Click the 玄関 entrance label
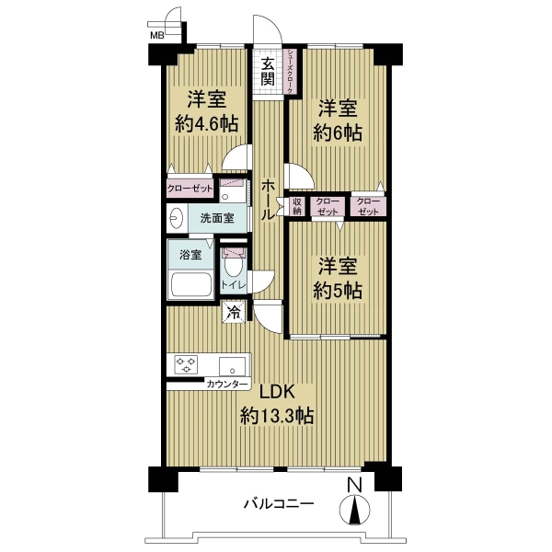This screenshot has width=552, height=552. (x=268, y=72)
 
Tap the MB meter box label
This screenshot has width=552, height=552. (x=157, y=35)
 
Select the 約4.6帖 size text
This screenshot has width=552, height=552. (x=207, y=124)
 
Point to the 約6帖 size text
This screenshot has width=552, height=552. (x=338, y=133)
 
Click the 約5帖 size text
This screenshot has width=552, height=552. (x=338, y=291)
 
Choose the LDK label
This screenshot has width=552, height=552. (x=277, y=392)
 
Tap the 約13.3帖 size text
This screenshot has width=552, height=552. (x=277, y=416)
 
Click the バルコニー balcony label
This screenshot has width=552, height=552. (x=279, y=504)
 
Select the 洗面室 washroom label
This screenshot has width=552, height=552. (x=217, y=218)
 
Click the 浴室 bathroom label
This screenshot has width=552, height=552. (x=190, y=255)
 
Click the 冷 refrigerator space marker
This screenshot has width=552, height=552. (x=234, y=312)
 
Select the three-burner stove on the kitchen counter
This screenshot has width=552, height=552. (x=186, y=364)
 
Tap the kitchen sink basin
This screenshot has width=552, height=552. (x=233, y=366)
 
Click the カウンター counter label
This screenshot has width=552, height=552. (x=227, y=384)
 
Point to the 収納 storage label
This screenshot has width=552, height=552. (x=297, y=206)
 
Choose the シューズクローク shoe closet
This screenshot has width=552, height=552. (x=290, y=72)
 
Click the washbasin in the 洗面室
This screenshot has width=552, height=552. (x=177, y=218)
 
